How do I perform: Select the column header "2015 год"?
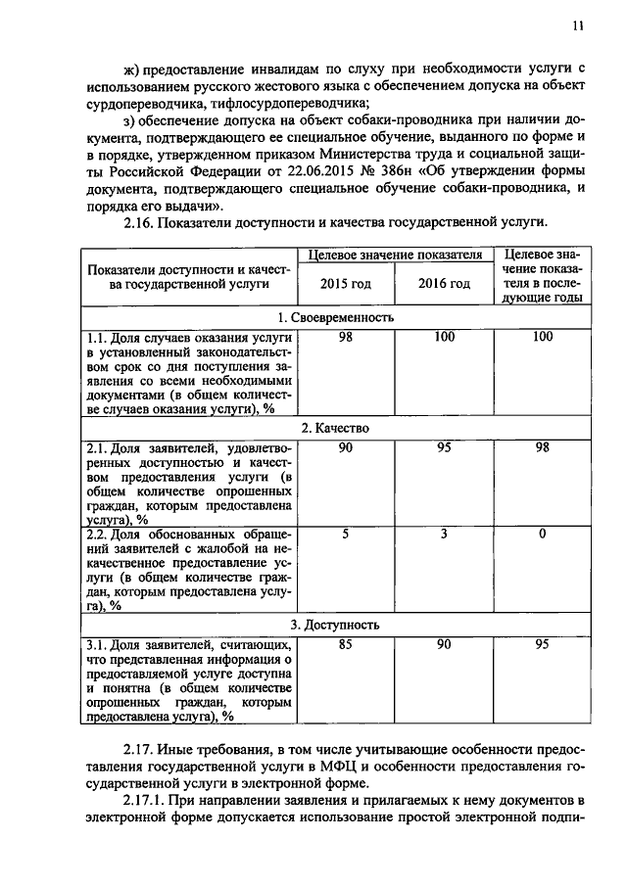(x=346, y=284)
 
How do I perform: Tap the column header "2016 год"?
(x=444, y=284)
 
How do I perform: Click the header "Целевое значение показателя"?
(x=395, y=255)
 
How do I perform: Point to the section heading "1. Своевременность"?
(x=335, y=317)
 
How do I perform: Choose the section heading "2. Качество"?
(x=335, y=429)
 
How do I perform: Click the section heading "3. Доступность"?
(x=335, y=625)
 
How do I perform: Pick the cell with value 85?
(x=345, y=645)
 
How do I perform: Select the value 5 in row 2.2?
(x=345, y=534)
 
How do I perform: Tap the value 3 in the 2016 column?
(x=444, y=534)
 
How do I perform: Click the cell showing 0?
(x=542, y=534)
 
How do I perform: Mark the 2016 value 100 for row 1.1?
(x=444, y=338)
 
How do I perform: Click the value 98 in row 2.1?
(x=542, y=449)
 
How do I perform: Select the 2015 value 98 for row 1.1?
(x=345, y=338)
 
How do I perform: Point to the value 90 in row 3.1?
(x=444, y=645)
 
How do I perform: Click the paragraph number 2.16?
(x=144, y=223)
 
